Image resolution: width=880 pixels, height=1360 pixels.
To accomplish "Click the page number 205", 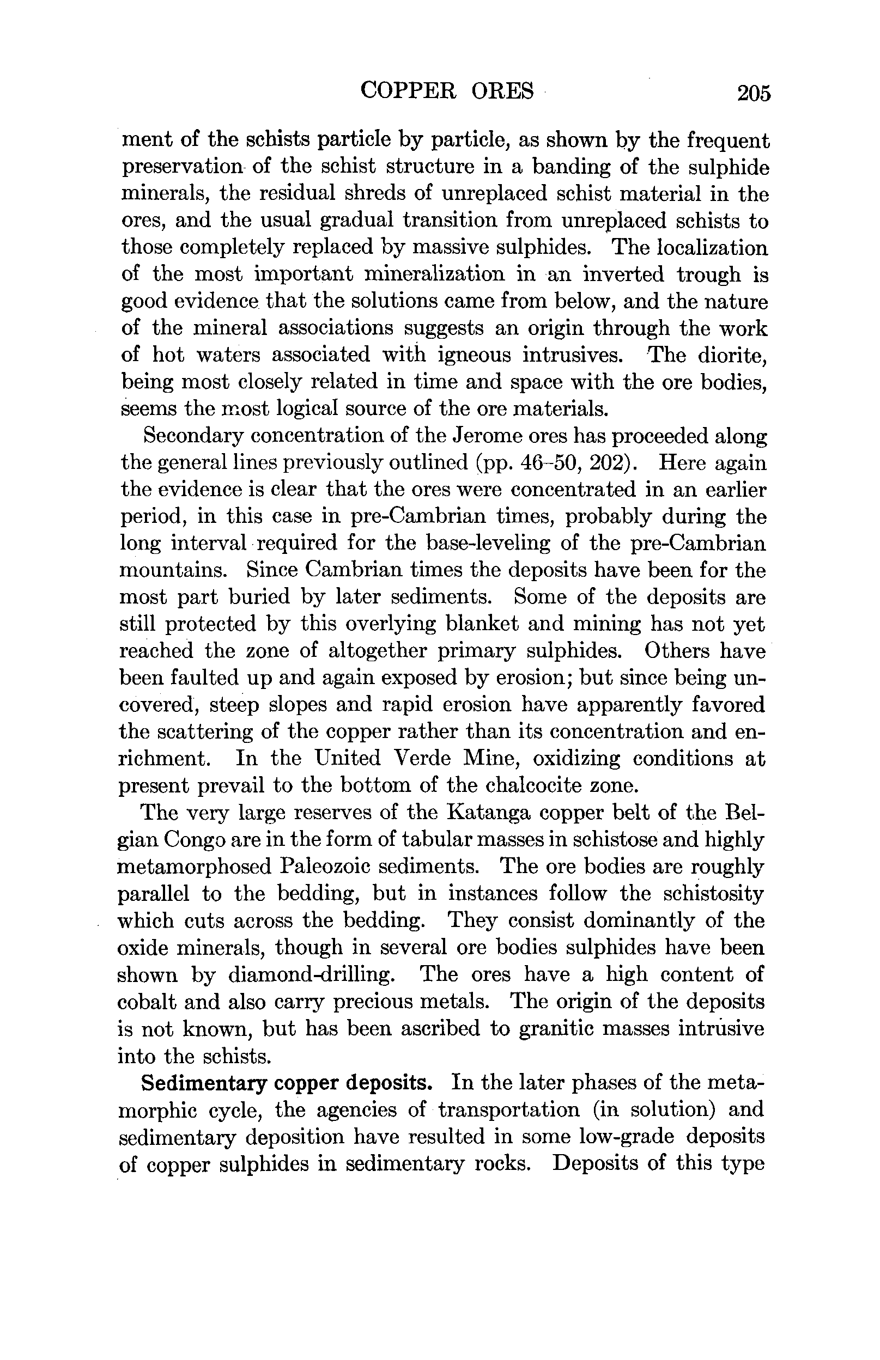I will [x=754, y=93].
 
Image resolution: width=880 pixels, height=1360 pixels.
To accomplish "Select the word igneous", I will [x=474, y=355].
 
